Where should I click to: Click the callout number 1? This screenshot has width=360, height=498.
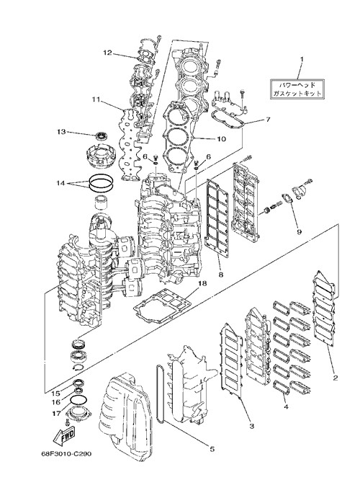click(302, 59)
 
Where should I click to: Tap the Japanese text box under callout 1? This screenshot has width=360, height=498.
click(297, 89)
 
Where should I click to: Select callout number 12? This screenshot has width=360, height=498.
click(107, 53)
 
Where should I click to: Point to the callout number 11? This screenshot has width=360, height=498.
click(96, 99)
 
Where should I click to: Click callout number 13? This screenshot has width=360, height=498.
click(61, 131)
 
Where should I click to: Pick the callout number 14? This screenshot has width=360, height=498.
click(60, 183)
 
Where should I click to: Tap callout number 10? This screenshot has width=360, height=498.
click(221, 139)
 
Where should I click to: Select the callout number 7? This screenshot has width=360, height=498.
click(268, 120)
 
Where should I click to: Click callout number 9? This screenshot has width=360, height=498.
click(299, 231)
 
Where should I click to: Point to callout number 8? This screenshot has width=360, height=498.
click(221, 275)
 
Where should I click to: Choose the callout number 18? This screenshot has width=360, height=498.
click(202, 283)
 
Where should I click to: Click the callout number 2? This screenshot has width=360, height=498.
click(336, 378)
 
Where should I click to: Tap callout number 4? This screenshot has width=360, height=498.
click(286, 406)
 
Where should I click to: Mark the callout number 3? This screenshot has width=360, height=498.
click(251, 426)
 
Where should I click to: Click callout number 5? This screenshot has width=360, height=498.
click(212, 449)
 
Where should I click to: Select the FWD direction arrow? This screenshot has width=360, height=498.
click(64, 435)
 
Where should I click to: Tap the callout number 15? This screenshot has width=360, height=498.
click(55, 393)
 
